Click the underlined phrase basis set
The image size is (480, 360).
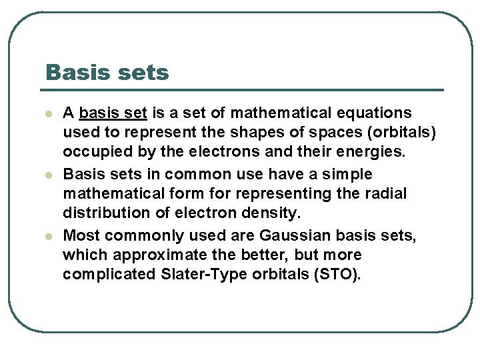[x=113, y=113]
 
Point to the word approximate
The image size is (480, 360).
[x=149, y=255]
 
